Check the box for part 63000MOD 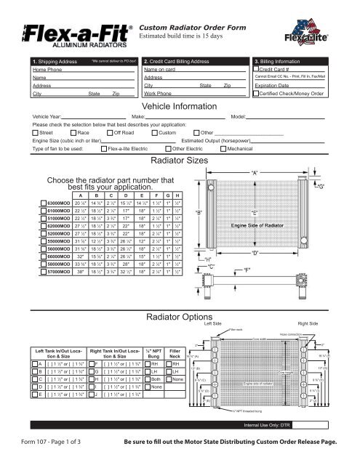coord(41,202)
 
